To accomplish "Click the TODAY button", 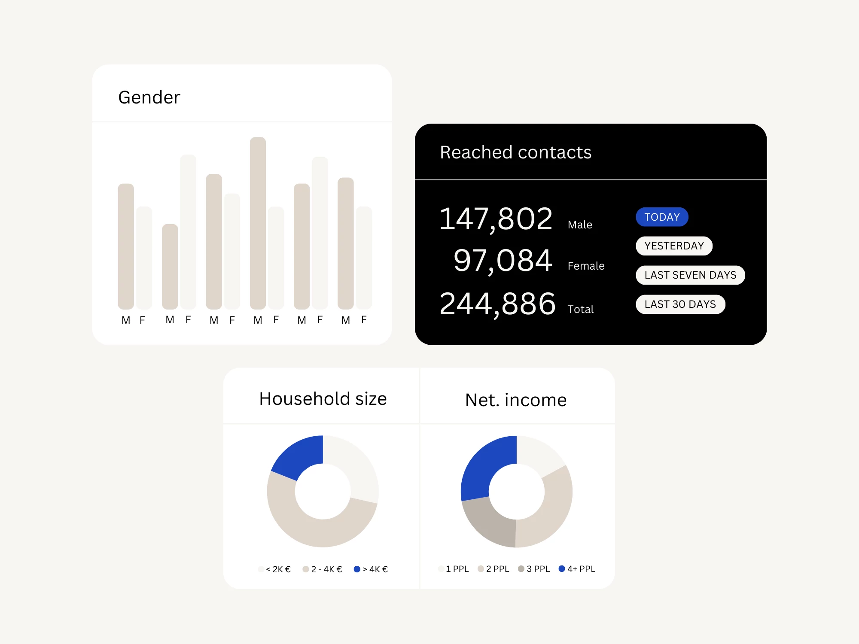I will pos(662,217).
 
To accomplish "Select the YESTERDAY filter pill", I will pos(674,246).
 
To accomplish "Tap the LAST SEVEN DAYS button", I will pos(690,275).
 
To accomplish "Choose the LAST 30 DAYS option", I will pos(680,304).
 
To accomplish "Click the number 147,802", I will pos(496,219).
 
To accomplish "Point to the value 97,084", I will pos(503,261).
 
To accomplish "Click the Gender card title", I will pos(149,97).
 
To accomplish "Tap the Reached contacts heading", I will pos(515,152).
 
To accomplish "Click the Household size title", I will pos(323,399).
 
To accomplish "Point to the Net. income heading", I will pos(516,400).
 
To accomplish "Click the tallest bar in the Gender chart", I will pos(258,223).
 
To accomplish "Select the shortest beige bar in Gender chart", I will pos(170,266).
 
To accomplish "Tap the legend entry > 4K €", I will pos(371,569).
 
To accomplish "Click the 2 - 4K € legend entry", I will pos(323,569).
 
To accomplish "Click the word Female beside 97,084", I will pos(586,266).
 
